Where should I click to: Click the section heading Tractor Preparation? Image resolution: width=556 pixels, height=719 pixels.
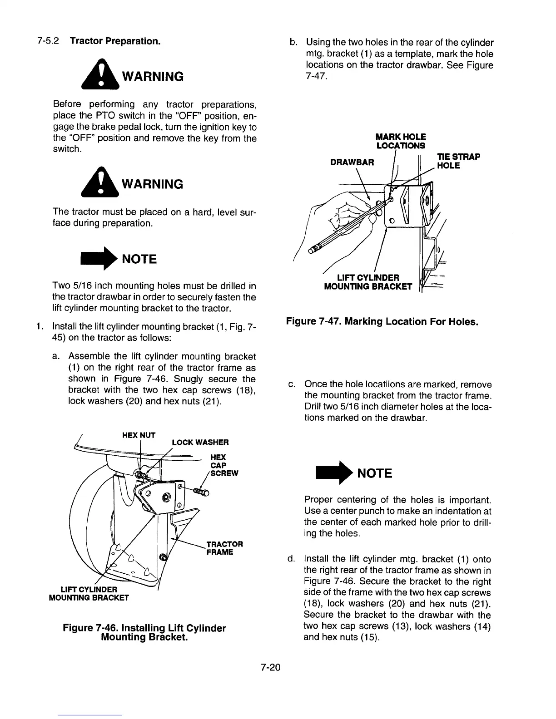pyautogui.click(x=114, y=42)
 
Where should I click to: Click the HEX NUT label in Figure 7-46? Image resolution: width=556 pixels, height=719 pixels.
pyautogui.click(x=139, y=435)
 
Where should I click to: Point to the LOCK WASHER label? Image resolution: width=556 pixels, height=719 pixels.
pyautogui.click(x=200, y=442)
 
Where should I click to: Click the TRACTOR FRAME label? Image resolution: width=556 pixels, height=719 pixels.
pyautogui.click(x=224, y=548)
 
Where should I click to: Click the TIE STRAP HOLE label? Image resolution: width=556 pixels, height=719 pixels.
pyautogui.click(x=458, y=161)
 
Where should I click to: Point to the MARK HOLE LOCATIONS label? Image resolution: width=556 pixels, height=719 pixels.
pyautogui.click(x=401, y=141)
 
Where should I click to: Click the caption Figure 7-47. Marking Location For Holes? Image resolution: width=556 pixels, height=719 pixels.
pyautogui.click(x=382, y=322)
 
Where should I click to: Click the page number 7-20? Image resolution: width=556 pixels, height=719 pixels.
pyautogui.click(x=271, y=667)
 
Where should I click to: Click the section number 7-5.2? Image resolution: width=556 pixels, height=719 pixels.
pyautogui.click(x=48, y=42)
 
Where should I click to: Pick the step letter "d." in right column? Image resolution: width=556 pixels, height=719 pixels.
pyautogui.click(x=291, y=559)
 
